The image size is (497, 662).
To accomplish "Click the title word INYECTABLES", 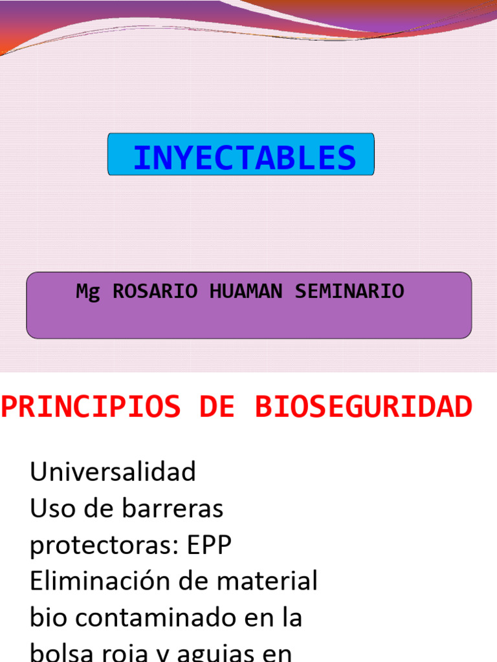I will [x=244, y=158].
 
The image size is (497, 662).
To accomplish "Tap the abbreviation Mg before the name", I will [x=88, y=292].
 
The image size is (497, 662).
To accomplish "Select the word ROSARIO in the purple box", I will [x=155, y=292].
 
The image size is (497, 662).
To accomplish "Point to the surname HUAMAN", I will [x=246, y=292].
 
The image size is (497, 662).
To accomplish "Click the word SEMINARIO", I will [x=349, y=292].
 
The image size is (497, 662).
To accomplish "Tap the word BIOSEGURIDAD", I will [x=363, y=407].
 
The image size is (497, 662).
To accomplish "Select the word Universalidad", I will [x=113, y=472].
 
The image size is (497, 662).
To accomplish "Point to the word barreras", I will [x=173, y=509].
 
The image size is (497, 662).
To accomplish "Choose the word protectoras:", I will [x=103, y=546].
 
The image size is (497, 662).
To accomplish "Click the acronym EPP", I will [x=209, y=546].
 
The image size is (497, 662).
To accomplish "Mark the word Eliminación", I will [x=99, y=581].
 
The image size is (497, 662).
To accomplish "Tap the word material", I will [x=267, y=581].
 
